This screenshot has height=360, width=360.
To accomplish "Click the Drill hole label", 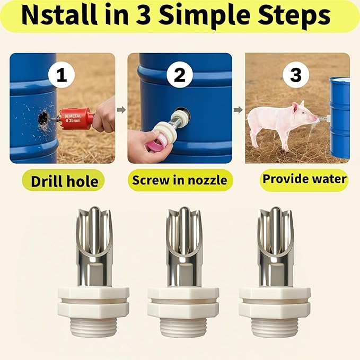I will pyautogui.click(x=64, y=181).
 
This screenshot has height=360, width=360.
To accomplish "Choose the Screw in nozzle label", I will pyautogui.click(x=180, y=180).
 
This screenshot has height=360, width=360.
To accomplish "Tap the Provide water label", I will pyautogui.click(x=304, y=179).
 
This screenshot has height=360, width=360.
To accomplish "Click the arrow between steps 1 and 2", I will pyautogui.click(x=121, y=110).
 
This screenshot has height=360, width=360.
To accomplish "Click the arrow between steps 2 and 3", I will pyautogui.click(x=239, y=110).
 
